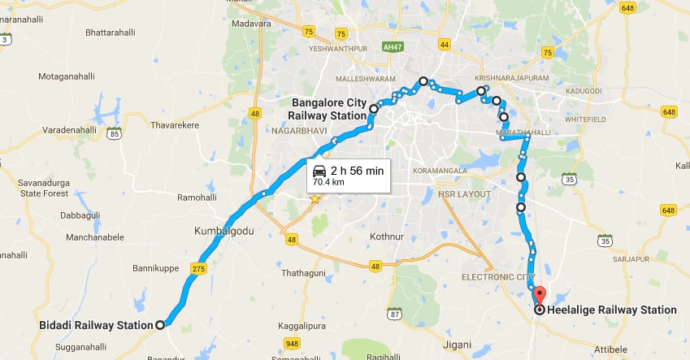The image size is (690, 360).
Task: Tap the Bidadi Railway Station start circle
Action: pyautogui.click(x=160, y=325)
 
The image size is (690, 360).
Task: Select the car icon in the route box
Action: pyautogui.click(x=319, y=171)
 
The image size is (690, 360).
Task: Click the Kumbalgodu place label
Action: pyautogui.click(x=223, y=231)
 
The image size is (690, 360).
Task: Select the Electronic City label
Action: pyautogui.click(x=500, y=277)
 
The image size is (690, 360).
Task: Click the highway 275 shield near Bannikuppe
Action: pyautogui.click(x=198, y=267)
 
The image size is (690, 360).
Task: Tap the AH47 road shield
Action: pyautogui.click(x=393, y=48)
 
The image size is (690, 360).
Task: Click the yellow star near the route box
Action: pyautogui.click(x=315, y=198)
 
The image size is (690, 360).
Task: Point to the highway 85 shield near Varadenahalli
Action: pyautogui.click(x=114, y=131)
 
